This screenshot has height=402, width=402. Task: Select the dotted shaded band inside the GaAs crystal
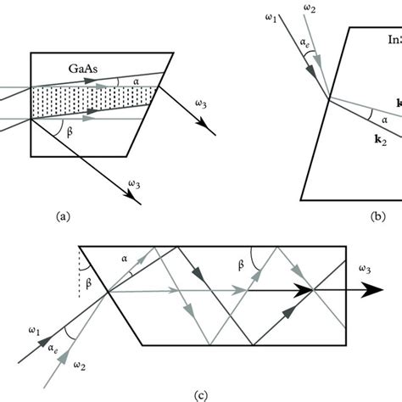(93, 98)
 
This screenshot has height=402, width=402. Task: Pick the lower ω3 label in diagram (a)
(136, 181)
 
